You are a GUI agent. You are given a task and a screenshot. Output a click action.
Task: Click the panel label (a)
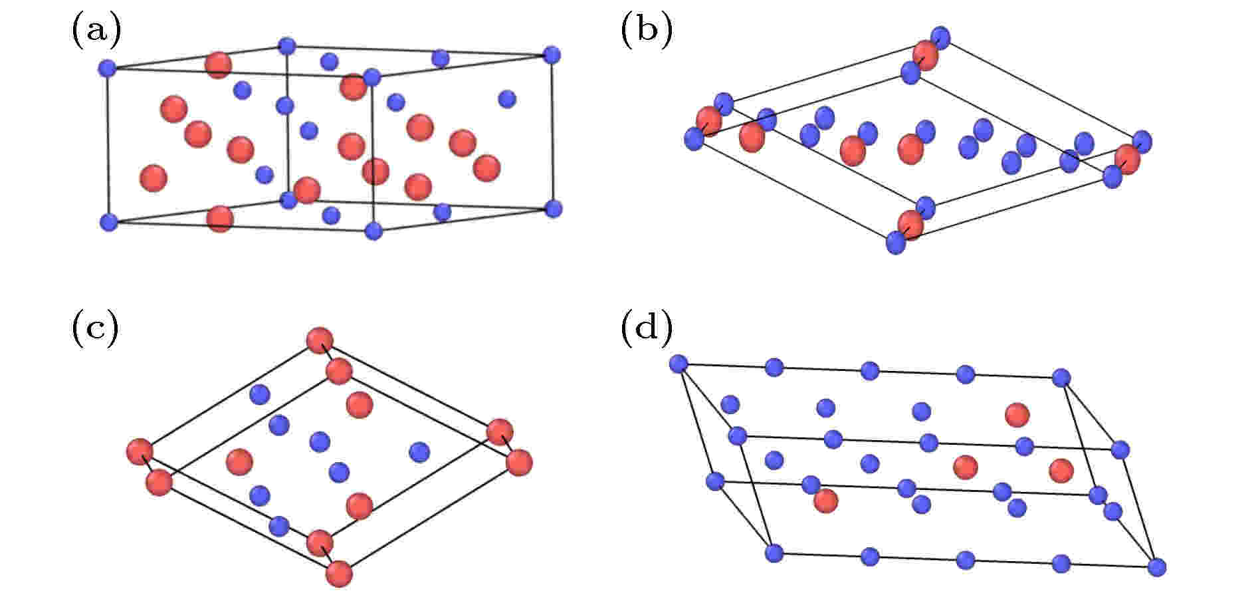coord(96,32)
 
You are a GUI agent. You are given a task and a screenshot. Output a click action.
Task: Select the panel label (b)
coord(646,32)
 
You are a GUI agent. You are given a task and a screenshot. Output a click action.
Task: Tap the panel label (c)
coord(94,328)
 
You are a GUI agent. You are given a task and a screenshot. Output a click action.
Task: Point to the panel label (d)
coord(646,328)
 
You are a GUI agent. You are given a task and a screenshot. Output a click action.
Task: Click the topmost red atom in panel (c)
coord(320,340)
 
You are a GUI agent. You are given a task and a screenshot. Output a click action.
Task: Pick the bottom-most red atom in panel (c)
coord(339,574)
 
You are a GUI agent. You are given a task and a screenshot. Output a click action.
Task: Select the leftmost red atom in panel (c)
coord(140,452)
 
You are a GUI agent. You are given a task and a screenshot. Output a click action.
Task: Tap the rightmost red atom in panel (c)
coord(518,462)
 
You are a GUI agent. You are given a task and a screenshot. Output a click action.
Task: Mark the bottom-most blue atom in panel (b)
coord(896,243)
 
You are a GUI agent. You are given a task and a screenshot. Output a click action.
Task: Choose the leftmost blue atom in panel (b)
coord(694,139)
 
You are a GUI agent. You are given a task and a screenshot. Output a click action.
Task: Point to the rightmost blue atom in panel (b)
coord(1142,142)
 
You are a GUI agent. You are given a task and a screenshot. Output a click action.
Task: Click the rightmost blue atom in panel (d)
coord(1157,566)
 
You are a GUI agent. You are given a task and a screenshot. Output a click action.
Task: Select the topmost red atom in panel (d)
coord(1017,415)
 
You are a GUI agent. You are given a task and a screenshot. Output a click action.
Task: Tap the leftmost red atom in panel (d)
coord(825,500)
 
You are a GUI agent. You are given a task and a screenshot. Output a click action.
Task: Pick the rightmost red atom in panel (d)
coord(1061,470)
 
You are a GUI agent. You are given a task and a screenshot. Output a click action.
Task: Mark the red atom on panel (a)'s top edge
coord(218,65)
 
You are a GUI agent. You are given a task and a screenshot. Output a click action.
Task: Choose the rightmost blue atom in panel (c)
coord(419,452)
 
